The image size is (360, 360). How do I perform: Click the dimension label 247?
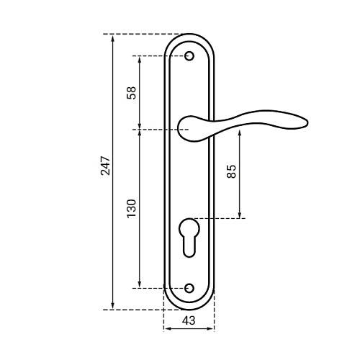click(105, 166)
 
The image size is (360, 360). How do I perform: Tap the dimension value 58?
click(131, 93)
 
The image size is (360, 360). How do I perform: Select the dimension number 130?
click(132, 208)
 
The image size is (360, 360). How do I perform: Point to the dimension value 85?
click(231, 171)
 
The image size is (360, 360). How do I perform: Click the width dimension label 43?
click(189, 320)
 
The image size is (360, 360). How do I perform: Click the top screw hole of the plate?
click(189, 56)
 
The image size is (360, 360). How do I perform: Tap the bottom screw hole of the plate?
click(189, 288)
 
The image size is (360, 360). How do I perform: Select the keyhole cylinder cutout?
click(189, 238)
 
